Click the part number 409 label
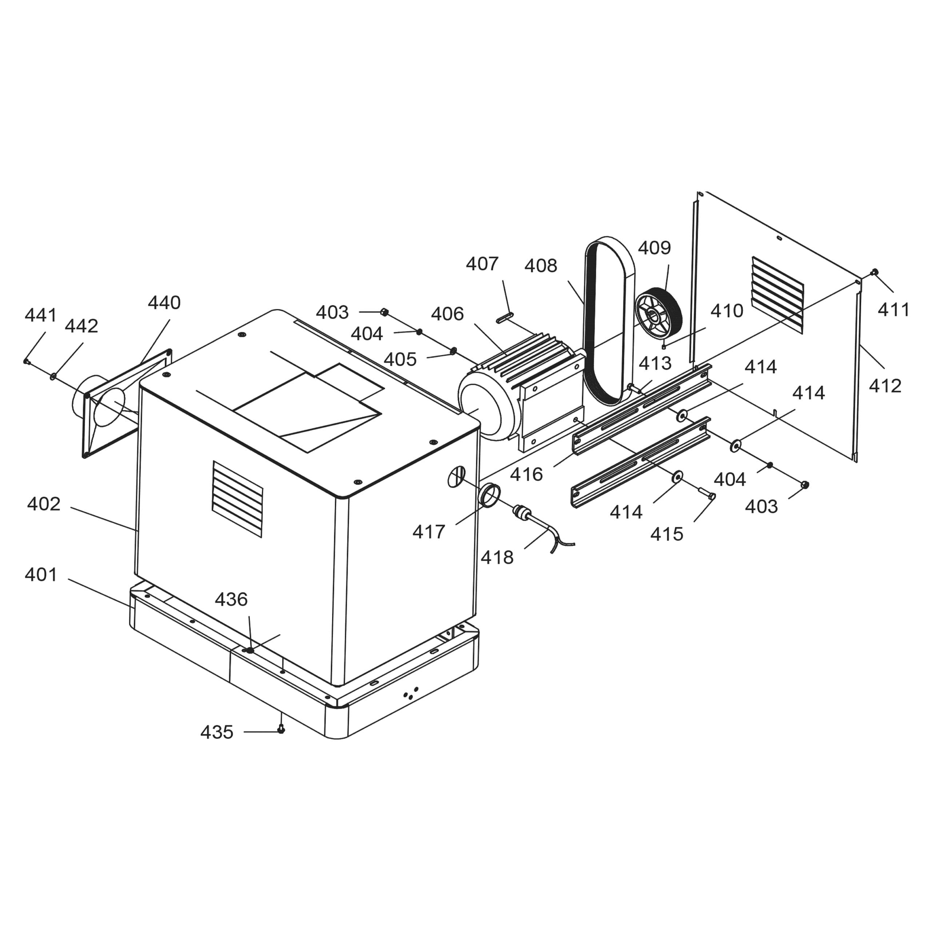654,248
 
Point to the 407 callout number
482,264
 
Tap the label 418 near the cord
497,558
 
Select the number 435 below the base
217,732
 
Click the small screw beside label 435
281,730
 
